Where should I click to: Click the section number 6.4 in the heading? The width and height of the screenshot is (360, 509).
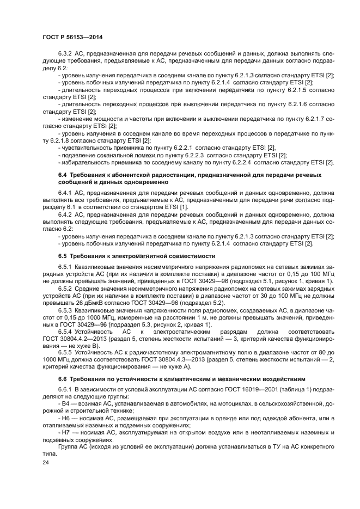point(62,174)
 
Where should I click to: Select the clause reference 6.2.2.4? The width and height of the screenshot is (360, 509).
point(240,162)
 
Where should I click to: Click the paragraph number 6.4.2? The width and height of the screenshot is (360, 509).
point(65,215)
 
